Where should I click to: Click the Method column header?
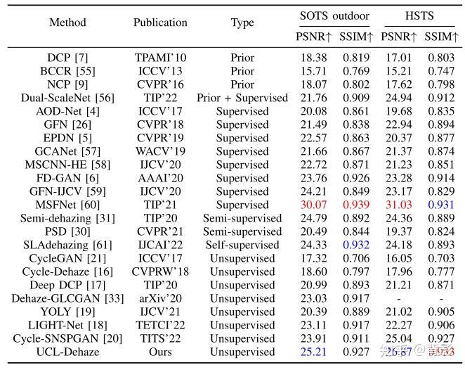[x=67, y=23]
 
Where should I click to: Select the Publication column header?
[x=160, y=23]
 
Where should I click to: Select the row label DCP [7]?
[x=67, y=57]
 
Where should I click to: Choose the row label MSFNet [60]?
[x=67, y=204]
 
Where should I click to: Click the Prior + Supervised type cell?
[x=242, y=97]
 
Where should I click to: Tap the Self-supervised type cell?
[x=242, y=244]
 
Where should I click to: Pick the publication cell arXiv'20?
[x=160, y=298]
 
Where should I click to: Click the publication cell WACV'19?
[x=160, y=151]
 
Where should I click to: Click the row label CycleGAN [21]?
[x=67, y=257]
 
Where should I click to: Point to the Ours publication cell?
[x=160, y=351]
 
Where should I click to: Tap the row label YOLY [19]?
[x=67, y=311]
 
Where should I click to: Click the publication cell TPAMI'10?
[x=160, y=57]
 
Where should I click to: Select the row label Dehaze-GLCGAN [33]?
[x=67, y=298]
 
